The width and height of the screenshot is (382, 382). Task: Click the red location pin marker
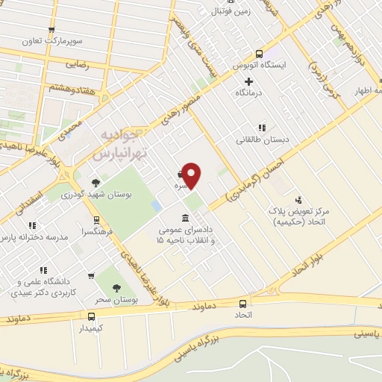pyautogui.click(x=192, y=175)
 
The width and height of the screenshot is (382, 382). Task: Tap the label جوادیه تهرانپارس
pyautogui.click(x=119, y=144)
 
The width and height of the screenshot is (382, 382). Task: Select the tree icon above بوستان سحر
pyautogui.click(x=115, y=287)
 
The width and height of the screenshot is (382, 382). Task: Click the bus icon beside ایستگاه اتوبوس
pyautogui.click(x=259, y=54)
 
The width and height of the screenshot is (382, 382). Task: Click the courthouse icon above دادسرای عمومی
pyautogui.click(x=184, y=216)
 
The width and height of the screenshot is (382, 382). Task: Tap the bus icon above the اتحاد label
pyautogui.click(x=242, y=304)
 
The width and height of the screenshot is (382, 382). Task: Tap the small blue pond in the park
pyautogui.click(x=155, y=203)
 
